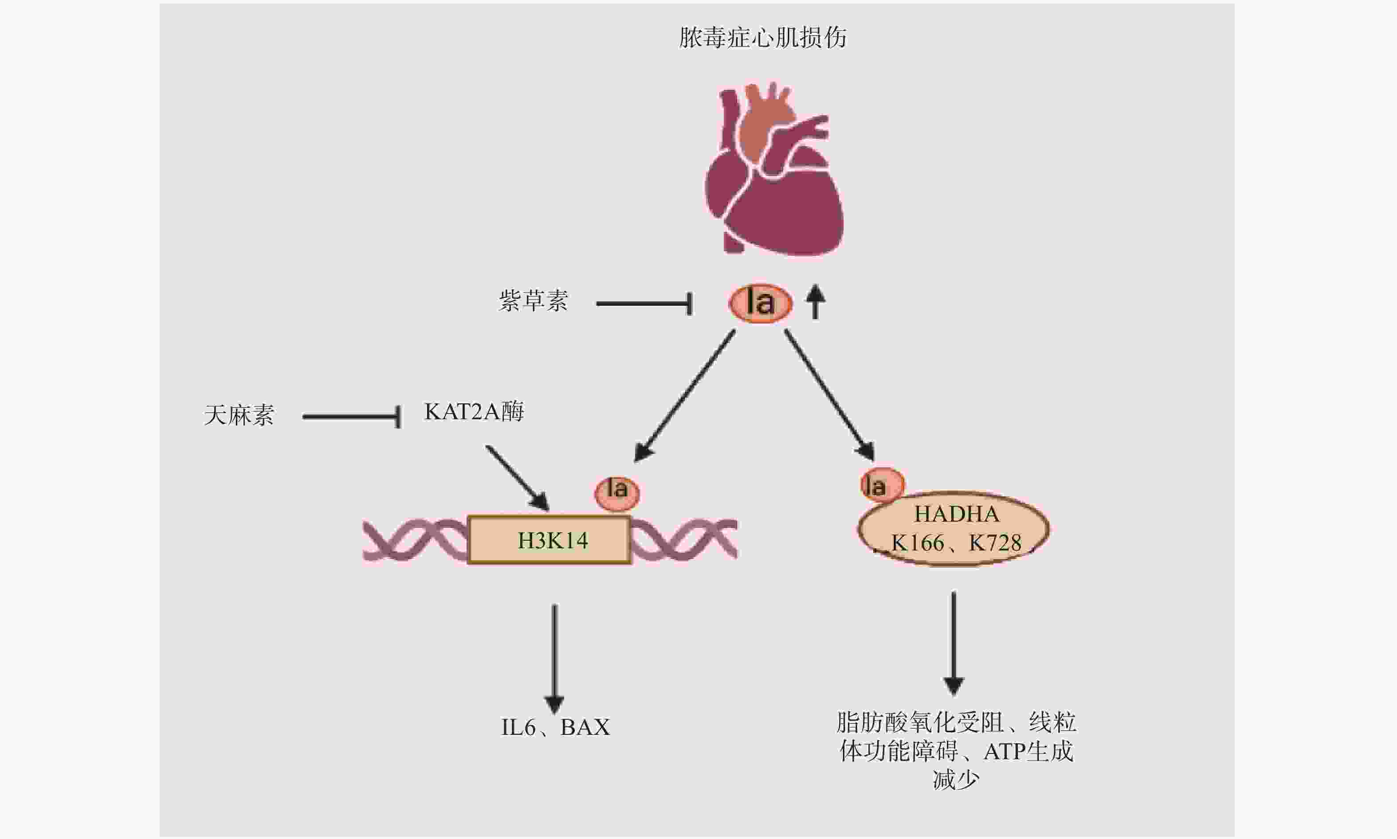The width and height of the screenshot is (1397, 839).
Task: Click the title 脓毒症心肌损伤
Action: click(x=762, y=38)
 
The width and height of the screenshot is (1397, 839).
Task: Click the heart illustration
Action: click(x=774, y=175)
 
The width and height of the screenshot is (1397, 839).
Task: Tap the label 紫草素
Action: click(x=533, y=301)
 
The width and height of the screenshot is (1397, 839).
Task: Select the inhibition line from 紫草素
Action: click(x=644, y=304)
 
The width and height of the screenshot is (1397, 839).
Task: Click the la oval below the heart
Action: click(x=760, y=304)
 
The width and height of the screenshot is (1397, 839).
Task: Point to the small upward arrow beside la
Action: click(x=815, y=301)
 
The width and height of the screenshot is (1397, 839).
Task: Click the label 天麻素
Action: click(x=239, y=416)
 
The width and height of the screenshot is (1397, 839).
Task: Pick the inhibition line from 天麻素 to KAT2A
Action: click(x=351, y=417)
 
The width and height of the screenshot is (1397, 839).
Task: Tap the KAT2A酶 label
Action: click(x=474, y=412)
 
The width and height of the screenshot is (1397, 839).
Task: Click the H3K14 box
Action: click(x=550, y=540)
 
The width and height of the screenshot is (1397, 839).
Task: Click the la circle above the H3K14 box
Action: click(x=617, y=492)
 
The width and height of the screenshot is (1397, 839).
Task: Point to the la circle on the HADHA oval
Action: click(x=881, y=485)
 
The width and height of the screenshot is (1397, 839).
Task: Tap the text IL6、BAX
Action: click(x=555, y=727)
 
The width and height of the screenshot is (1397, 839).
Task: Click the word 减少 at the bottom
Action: click(x=955, y=780)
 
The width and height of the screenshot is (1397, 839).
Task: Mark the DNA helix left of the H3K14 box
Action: click(x=416, y=540)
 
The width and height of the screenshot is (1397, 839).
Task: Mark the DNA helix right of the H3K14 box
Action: click(x=683, y=540)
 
